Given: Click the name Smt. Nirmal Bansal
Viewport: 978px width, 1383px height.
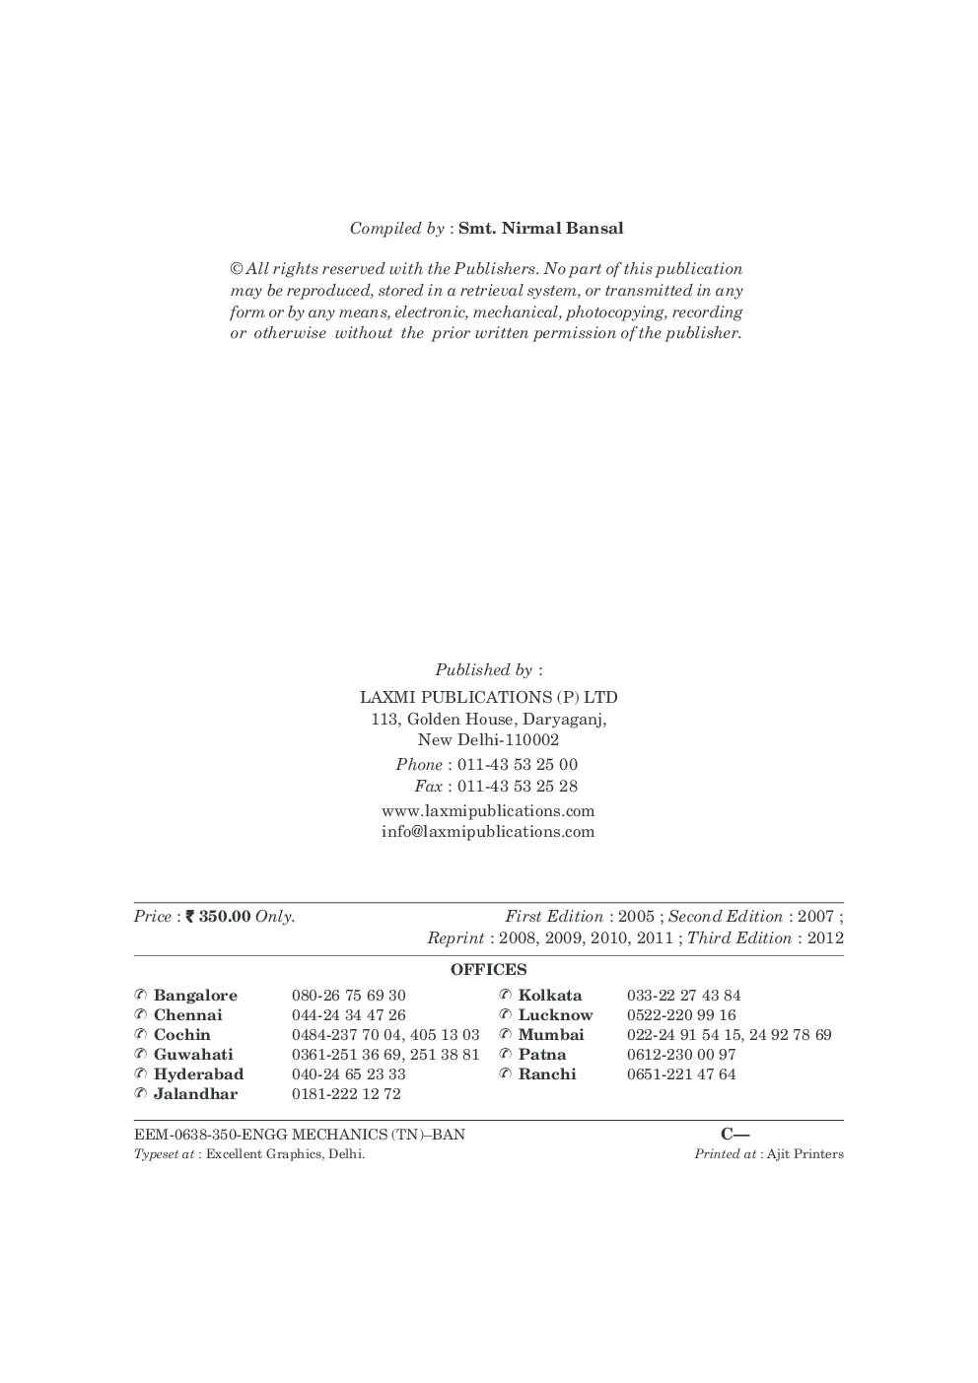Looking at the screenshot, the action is [540, 229].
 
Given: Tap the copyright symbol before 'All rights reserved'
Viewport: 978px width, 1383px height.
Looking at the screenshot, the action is [237, 269].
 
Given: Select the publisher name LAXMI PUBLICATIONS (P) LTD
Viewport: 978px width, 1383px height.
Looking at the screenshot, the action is [488, 698].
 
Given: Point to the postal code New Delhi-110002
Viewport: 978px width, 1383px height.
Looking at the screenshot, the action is [488, 740].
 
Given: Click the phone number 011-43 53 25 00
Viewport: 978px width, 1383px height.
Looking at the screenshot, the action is [518, 765].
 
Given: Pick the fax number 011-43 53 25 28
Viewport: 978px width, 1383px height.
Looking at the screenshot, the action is [518, 787].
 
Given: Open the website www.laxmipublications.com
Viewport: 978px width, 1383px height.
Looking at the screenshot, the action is [488, 811].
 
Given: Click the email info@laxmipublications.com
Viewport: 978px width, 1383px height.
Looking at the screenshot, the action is [488, 832].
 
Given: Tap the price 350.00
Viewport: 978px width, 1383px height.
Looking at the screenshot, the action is [224, 917].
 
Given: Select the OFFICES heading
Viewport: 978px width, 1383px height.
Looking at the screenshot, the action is [489, 970].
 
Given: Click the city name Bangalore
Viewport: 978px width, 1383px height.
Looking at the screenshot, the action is [195, 996].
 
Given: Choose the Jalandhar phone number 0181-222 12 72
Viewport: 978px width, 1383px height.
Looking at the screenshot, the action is [346, 1094].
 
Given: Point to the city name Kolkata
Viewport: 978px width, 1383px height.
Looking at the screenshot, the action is [550, 996].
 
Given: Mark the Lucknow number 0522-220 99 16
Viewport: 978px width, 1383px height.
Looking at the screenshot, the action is [681, 1015].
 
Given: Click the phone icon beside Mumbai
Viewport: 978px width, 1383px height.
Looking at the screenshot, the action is [505, 1035].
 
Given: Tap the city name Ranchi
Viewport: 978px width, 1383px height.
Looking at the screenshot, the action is [547, 1074].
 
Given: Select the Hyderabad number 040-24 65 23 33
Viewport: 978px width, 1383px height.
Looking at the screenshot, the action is [348, 1074].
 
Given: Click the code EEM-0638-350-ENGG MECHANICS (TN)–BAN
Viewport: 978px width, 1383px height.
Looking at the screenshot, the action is [300, 1135].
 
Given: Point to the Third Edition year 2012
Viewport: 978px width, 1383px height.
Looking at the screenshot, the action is [825, 938].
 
